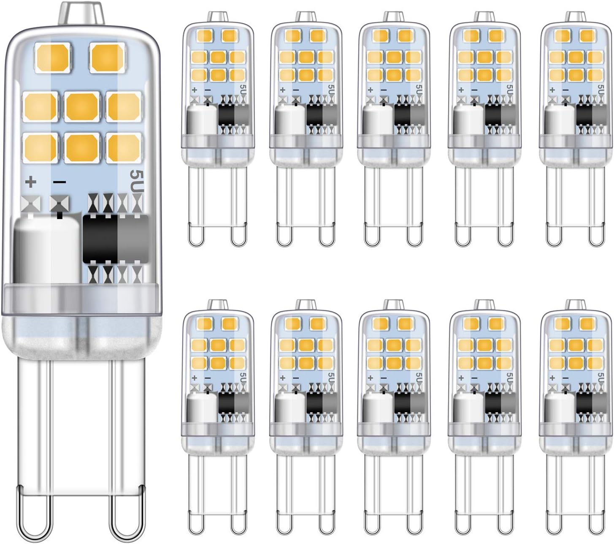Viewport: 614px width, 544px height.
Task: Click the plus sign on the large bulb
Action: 31,182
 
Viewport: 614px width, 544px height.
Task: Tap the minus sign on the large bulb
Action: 60,182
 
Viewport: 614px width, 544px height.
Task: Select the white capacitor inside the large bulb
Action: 47,249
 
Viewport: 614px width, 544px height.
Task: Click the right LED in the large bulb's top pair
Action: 108,58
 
